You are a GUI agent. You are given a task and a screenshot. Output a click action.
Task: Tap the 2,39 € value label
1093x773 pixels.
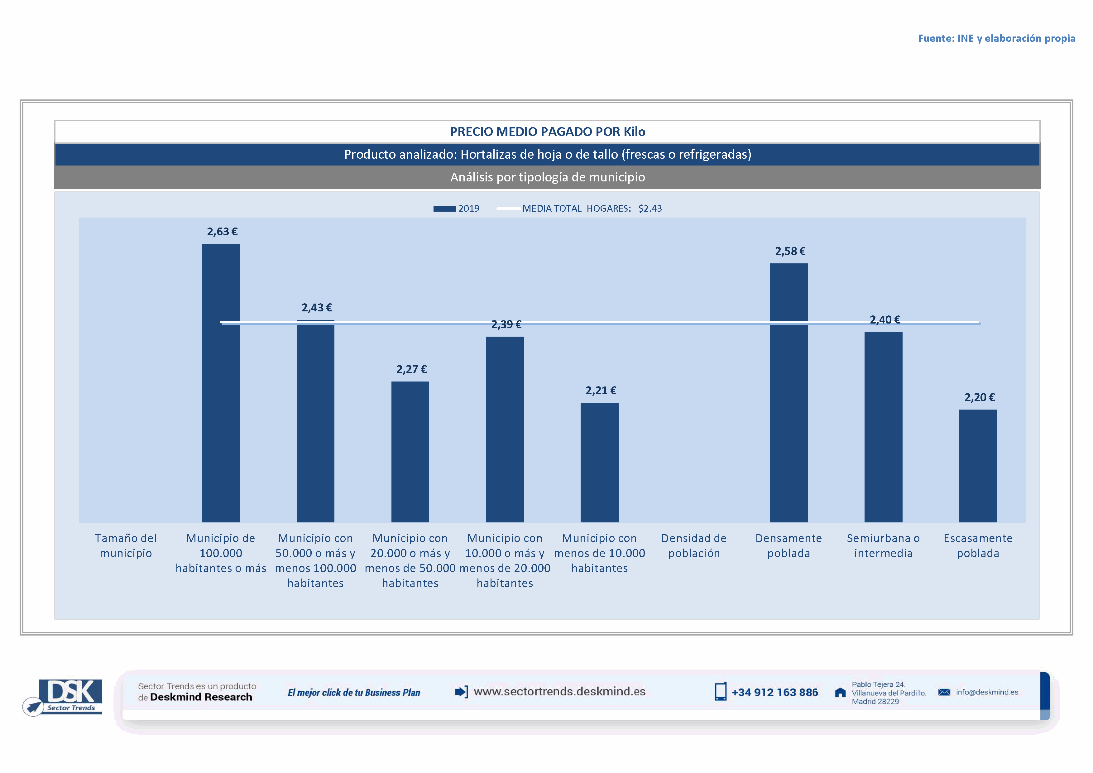(506, 324)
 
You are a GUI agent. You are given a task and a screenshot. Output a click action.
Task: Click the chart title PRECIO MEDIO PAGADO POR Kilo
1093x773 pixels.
(548, 132)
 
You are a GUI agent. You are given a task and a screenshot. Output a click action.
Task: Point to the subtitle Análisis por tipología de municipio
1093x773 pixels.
(548, 177)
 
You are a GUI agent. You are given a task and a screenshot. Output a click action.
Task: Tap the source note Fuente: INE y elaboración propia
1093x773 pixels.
(996, 39)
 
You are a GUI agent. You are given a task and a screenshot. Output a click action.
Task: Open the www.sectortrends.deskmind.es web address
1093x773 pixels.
(559, 692)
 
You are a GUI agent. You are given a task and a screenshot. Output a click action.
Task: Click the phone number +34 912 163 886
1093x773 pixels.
(774, 693)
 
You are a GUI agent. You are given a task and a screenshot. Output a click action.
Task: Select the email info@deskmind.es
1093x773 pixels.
(987, 692)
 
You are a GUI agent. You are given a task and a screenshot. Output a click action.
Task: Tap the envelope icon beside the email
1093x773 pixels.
(944, 692)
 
